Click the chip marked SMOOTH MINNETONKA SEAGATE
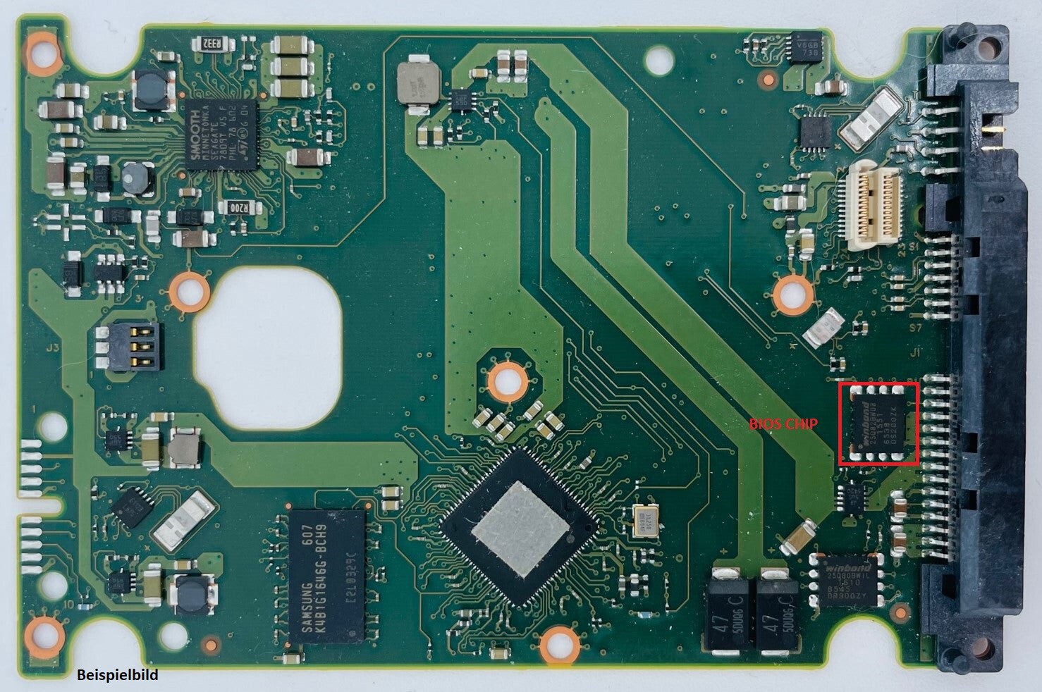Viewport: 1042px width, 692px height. (220, 135)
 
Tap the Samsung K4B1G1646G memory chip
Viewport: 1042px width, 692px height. (326, 576)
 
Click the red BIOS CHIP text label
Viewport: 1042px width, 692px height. (783, 424)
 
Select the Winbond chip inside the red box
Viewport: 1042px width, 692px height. (878, 424)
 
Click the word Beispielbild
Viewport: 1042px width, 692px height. (118, 675)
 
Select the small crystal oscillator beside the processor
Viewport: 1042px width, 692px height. (646, 521)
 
